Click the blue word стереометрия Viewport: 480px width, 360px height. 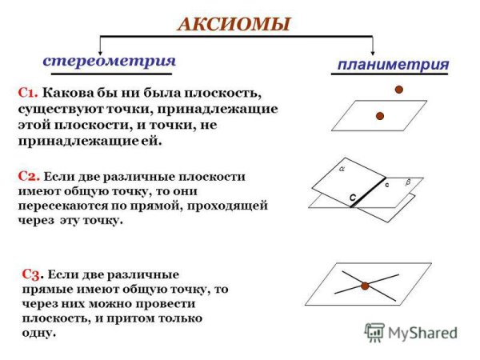coord(109,61)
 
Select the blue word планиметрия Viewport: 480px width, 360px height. coord(392,64)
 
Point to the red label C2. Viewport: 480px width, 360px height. coord(28,176)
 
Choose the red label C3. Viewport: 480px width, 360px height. coord(33,274)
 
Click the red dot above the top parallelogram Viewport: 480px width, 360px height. coord(398,90)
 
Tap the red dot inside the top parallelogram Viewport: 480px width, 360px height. coord(380,116)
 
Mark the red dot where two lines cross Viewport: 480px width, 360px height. coord(364,285)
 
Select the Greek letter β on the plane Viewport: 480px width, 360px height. coord(407,183)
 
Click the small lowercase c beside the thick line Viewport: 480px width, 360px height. coord(386,186)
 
